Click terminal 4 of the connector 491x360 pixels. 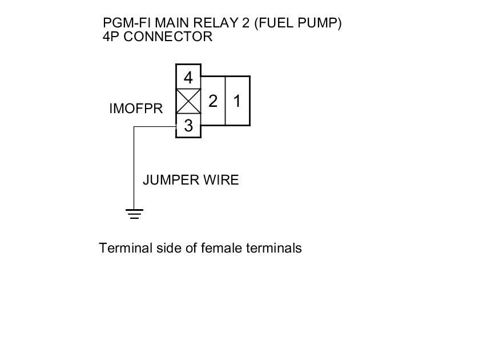tap(188, 77)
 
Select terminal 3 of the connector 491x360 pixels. tap(188, 126)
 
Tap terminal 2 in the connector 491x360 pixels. tap(213, 101)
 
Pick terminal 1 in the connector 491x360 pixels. tap(238, 101)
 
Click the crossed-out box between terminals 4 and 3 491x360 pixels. tap(188, 102)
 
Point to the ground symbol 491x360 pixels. tap(134, 214)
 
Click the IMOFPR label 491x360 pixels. tap(136, 109)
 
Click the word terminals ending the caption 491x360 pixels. tap(274, 249)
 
